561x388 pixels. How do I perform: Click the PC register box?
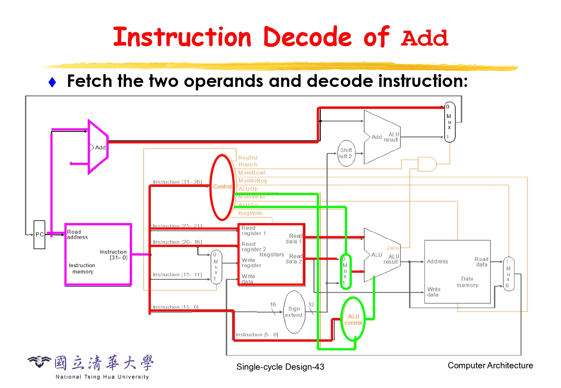(39, 235)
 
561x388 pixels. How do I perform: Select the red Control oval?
(222, 187)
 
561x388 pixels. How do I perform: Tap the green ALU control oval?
(353, 319)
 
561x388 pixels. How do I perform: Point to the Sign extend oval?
(294, 312)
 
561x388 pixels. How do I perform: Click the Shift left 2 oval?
(346, 153)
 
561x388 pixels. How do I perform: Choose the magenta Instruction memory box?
(98, 255)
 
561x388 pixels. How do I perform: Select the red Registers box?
(271, 255)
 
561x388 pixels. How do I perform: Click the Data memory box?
(457, 272)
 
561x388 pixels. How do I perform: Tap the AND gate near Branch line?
(427, 164)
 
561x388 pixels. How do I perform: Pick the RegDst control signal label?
(248, 158)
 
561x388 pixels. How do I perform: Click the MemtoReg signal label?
(252, 181)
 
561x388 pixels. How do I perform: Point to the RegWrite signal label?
(250, 213)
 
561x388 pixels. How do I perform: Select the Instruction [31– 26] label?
(177, 182)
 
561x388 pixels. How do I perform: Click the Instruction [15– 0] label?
(175, 307)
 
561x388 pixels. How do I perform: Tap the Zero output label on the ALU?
(393, 248)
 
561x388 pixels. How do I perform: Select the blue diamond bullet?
(52, 82)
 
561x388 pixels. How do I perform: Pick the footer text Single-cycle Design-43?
(280, 367)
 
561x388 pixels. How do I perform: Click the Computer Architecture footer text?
(490, 365)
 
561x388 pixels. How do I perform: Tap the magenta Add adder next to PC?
(98, 147)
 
